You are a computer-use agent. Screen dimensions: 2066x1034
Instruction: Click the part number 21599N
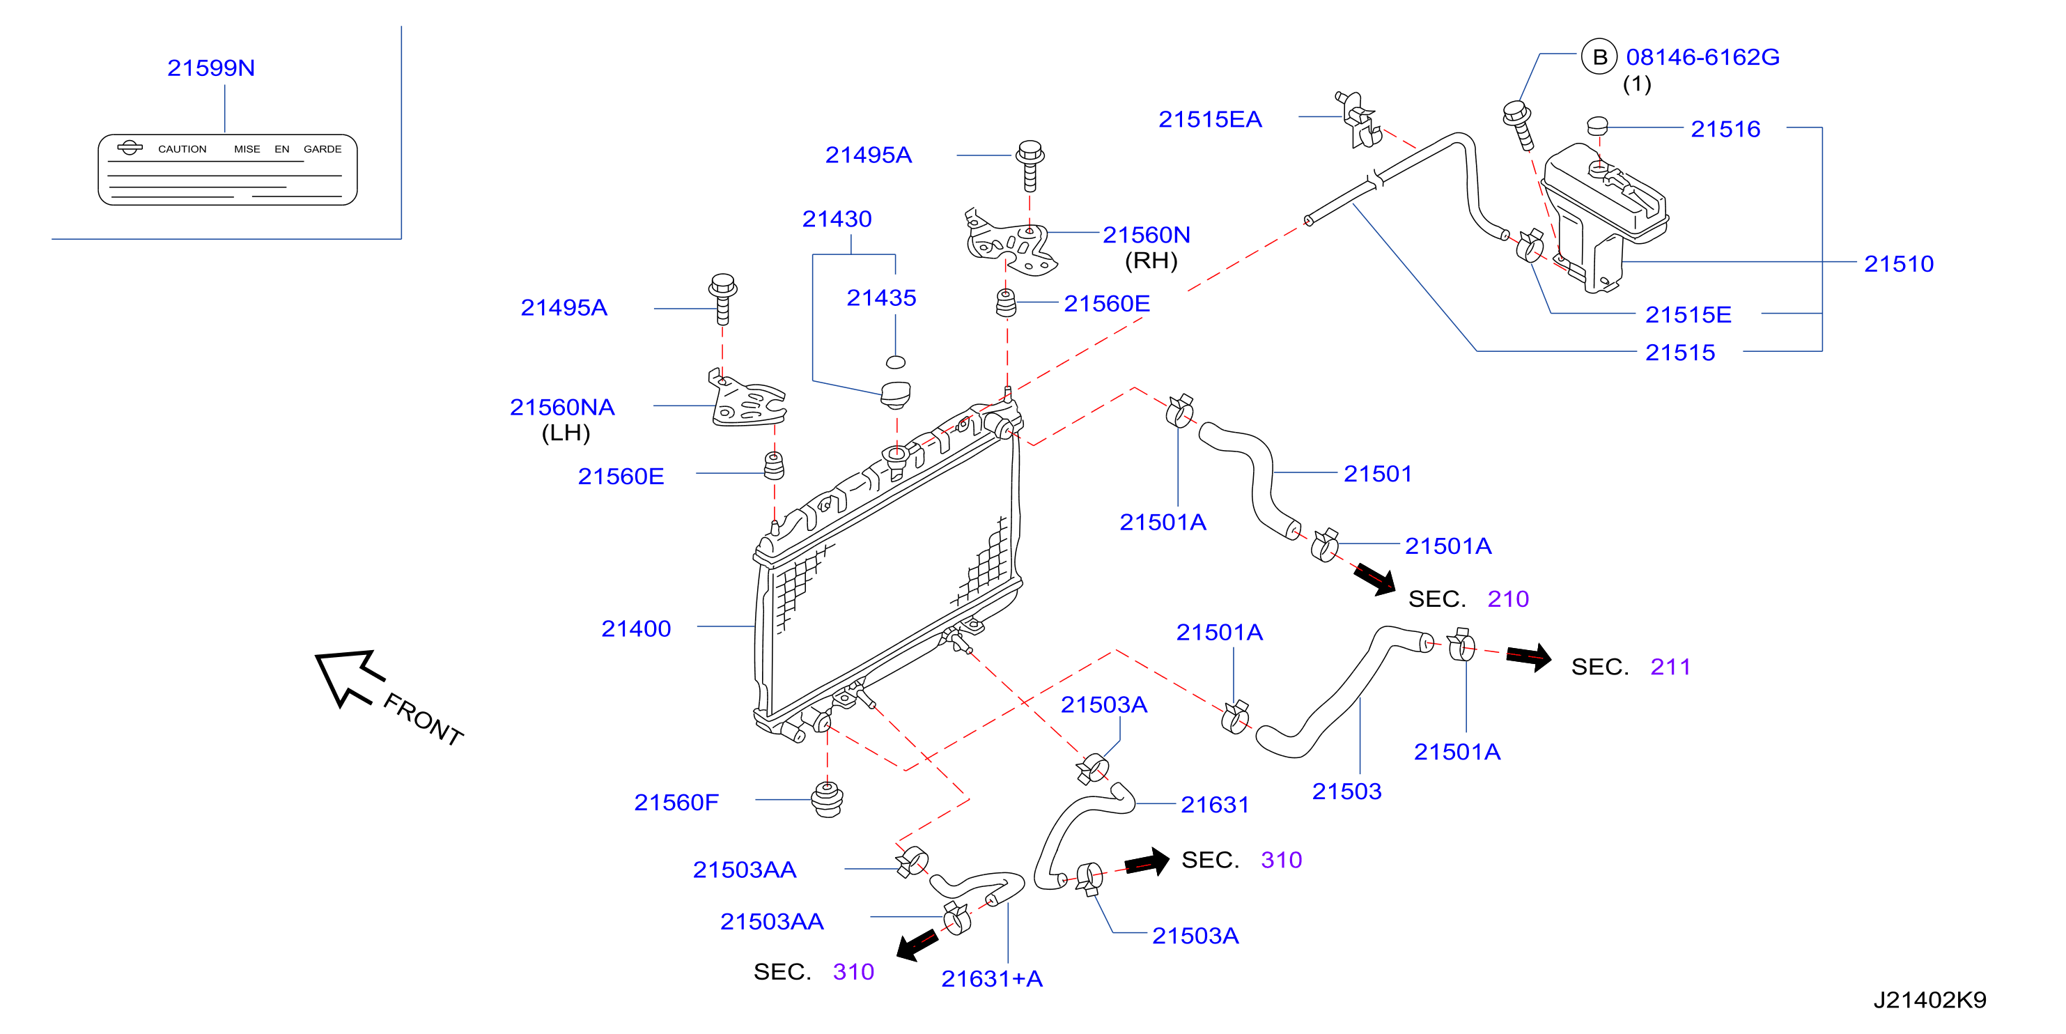pos(211,68)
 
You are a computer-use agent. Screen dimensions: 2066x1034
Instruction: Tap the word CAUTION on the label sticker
pos(182,149)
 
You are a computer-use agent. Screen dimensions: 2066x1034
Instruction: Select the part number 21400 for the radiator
pos(636,629)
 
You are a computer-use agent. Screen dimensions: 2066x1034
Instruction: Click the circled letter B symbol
pos(1599,57)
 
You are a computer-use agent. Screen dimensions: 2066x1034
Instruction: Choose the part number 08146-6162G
pos(1702,57)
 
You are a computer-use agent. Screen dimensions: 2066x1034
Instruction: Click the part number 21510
pos(1898,264)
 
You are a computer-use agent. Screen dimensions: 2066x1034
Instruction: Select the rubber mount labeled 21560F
pos(827,799)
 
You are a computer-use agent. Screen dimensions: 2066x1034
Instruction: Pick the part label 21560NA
pos(562,408)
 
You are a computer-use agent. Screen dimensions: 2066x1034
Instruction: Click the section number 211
pos(1670,667)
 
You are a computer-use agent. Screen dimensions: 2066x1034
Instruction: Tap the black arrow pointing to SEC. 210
pos(1374,579)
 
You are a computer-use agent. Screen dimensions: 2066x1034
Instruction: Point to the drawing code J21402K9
pos(1929,999)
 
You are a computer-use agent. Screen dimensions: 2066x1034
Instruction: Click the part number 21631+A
pos(992,979)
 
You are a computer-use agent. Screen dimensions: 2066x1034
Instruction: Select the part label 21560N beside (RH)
pos(1146,235)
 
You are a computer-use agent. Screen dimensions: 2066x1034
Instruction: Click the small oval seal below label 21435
pos(896,362)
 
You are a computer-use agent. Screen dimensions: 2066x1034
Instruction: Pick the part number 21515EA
pos(1210,120)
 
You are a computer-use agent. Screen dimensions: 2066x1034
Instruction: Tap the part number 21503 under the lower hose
pos(1346,792)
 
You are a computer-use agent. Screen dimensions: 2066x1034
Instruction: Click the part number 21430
pos(837,219)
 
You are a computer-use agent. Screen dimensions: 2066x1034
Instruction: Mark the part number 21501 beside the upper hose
pos(1378,474)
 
